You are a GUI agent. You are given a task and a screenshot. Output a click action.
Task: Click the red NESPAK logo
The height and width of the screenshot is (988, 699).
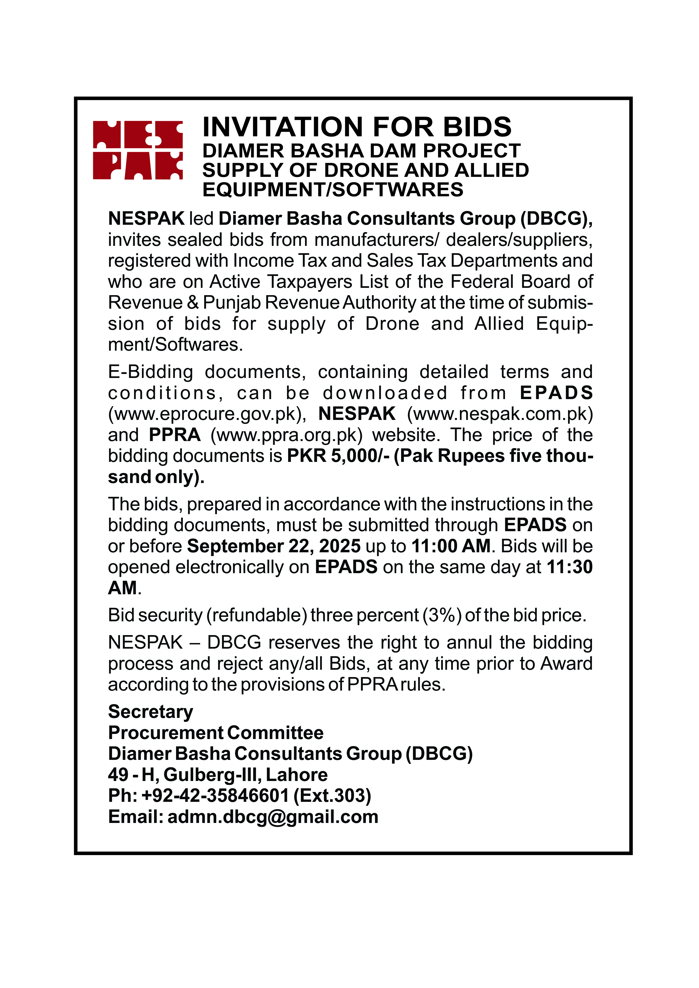[x=138, y=150]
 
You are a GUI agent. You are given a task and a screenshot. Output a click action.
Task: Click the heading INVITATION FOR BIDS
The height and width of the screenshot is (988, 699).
[x=357, y=127]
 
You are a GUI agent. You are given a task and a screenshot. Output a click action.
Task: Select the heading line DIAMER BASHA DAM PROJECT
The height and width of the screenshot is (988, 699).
[x=362, y=151]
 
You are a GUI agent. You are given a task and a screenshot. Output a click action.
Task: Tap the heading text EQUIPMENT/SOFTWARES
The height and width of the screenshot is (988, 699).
[x=333, y=190]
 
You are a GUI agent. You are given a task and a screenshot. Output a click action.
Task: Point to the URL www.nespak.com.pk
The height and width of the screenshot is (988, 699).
[x=500, y=414]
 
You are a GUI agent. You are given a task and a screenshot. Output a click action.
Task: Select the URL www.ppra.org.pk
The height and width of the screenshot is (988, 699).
[x=286, y=435]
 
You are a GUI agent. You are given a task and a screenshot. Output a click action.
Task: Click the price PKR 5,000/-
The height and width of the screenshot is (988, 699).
[x=338, y=456]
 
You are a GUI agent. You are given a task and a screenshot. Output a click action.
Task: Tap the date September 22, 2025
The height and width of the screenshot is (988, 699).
[x=274, y=546]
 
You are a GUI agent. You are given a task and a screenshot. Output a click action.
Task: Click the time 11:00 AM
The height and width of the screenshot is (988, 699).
[x=451, y=546]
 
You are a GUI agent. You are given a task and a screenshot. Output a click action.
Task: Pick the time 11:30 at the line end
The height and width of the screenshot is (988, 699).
[x=569, y=567]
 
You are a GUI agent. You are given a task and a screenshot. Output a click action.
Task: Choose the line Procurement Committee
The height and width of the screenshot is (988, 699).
[x=216, y=733]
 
